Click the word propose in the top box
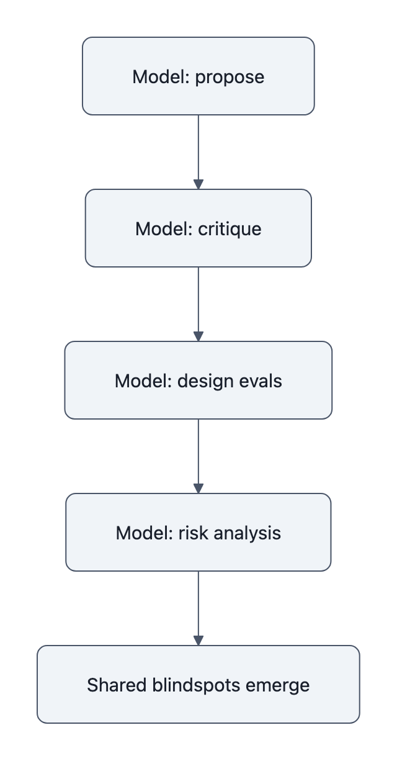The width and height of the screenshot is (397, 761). tap(230, 77)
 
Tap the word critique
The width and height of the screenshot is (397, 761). tap(230, 229)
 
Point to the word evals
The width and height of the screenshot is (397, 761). tap(261, 381)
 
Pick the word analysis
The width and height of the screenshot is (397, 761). tap(248, 533)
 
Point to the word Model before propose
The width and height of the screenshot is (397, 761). tap(161, 77)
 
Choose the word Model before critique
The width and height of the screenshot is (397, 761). tap(164, 229)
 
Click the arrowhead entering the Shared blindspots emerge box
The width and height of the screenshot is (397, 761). tap(198, 641)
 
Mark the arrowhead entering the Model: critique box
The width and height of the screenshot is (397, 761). tap(198, 184)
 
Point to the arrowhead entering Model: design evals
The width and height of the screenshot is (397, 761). tap(198, 336)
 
